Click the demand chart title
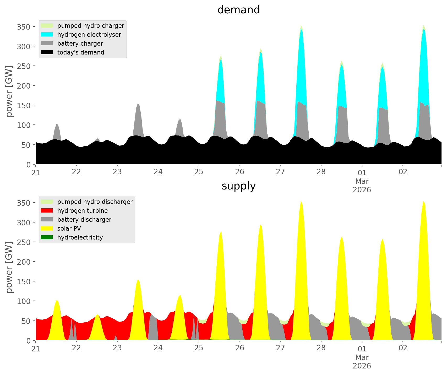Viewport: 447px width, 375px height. click(238, 10)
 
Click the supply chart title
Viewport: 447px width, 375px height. click(238, 186)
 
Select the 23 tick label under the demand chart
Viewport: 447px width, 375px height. click(117, 172)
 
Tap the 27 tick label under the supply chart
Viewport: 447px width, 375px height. click(280, 348)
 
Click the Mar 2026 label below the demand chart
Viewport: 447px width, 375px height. click(362, 185)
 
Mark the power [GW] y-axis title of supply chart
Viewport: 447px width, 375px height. click(9, 267)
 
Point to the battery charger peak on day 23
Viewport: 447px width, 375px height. click(138, 105)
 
